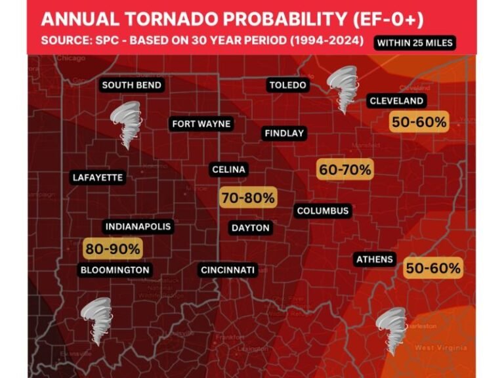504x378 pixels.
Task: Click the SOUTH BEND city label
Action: [132, 85]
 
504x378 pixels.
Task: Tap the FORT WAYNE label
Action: [202, 124]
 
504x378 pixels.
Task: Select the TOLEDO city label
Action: [288, 85]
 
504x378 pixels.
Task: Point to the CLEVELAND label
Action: [396, 101]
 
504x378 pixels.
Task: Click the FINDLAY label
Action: [284, 133]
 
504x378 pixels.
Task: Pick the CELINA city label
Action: [229, 170]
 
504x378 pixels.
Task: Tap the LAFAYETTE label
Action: [98, 177]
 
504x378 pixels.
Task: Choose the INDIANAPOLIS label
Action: [138, 227]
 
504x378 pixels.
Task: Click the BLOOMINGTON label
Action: [115, 270]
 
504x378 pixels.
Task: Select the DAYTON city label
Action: [251, 228]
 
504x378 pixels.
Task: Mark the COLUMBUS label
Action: [323, 211]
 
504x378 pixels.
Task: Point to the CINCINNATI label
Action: [228, 270]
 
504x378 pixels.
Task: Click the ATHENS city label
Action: [375, 259]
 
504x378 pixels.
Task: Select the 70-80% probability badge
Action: [247, 198]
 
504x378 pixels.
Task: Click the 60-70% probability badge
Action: [345, 169]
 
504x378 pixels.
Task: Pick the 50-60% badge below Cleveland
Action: [419, 122]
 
